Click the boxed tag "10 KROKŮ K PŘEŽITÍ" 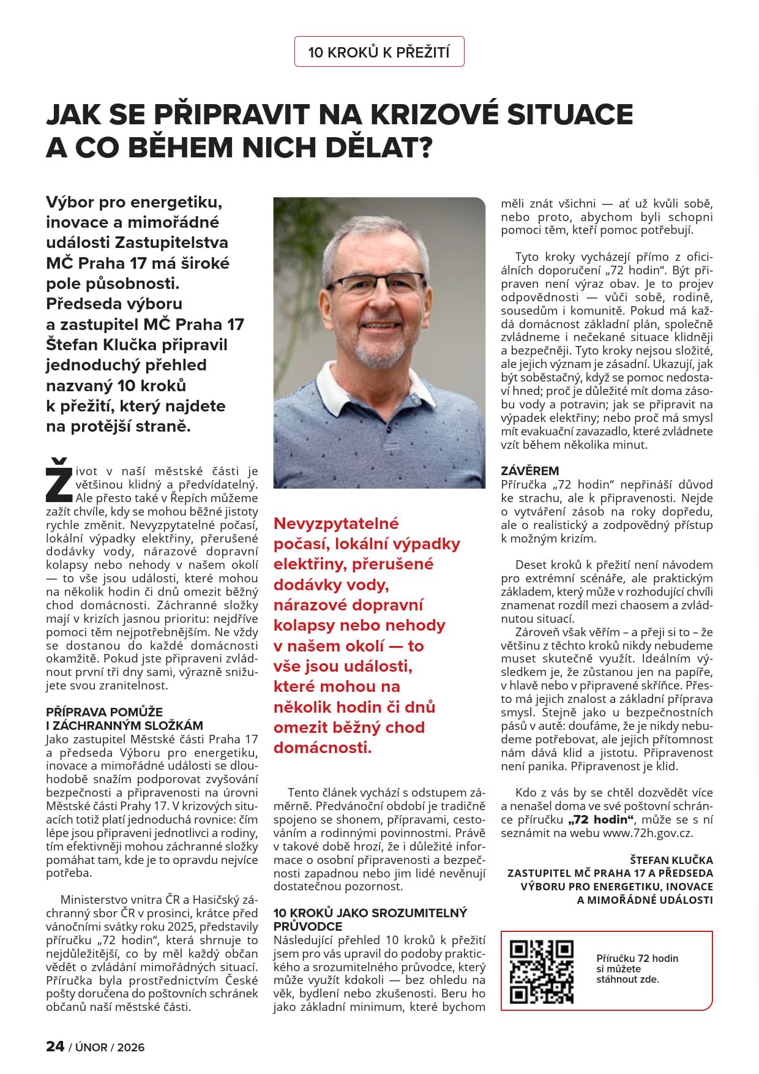point(379,52)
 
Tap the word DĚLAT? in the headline point(373,148)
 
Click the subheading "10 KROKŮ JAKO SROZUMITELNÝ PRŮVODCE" point(370,919)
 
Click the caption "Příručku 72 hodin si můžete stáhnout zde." point(637,969)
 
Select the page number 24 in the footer point(55,1046)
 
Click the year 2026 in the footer point(130,1047)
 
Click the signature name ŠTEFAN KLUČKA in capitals point(671,860)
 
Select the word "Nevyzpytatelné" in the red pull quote point(336,524)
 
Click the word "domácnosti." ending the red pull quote point(323,748)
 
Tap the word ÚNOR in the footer point(91,1047)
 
